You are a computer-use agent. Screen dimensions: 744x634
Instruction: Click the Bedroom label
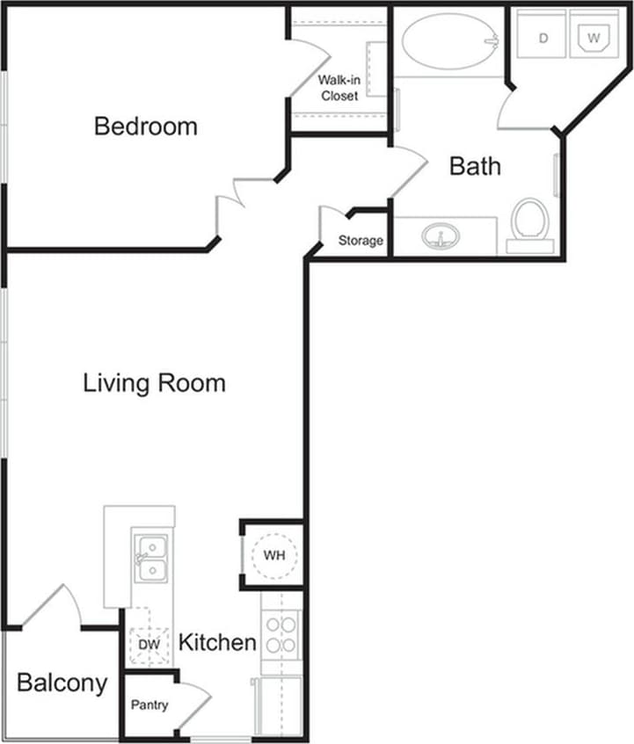[x=146, y=126]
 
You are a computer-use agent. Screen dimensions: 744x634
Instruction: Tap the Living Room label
[x=155, y=383]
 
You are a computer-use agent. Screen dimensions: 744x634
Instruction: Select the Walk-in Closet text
[x=339, y=88]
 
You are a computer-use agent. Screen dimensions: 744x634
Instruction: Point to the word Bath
[x=475, y=165]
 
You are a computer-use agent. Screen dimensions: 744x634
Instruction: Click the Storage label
[x=361, y=241]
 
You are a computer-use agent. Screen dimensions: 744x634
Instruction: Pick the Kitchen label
[x=217, y=642]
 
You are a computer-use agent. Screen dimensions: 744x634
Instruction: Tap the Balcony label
[x=62, y=683]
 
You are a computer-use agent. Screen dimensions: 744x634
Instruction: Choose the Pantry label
[x=149, y=704]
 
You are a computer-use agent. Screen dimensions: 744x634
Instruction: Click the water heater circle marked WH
[x=275, y=555]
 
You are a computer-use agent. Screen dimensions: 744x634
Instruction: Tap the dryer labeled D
[x=543, y=37]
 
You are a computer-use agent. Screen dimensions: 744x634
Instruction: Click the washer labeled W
[x=594, y=37]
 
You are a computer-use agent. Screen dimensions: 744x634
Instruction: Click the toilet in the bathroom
[x=530, y=220]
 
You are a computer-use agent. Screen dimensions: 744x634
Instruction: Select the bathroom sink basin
[x=442, y=236]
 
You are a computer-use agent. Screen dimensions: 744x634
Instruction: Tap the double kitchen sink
[x=152, y=559]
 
